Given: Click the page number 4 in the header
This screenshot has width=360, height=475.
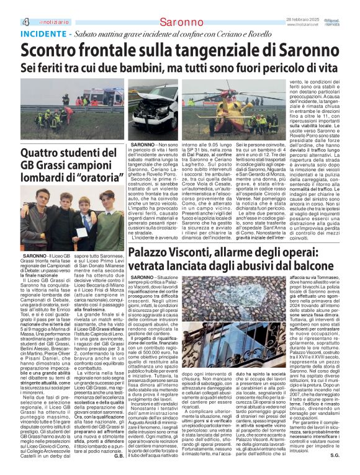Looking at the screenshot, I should click(9, 23).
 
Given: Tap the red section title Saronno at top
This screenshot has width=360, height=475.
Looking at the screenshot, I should click(181, 23).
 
